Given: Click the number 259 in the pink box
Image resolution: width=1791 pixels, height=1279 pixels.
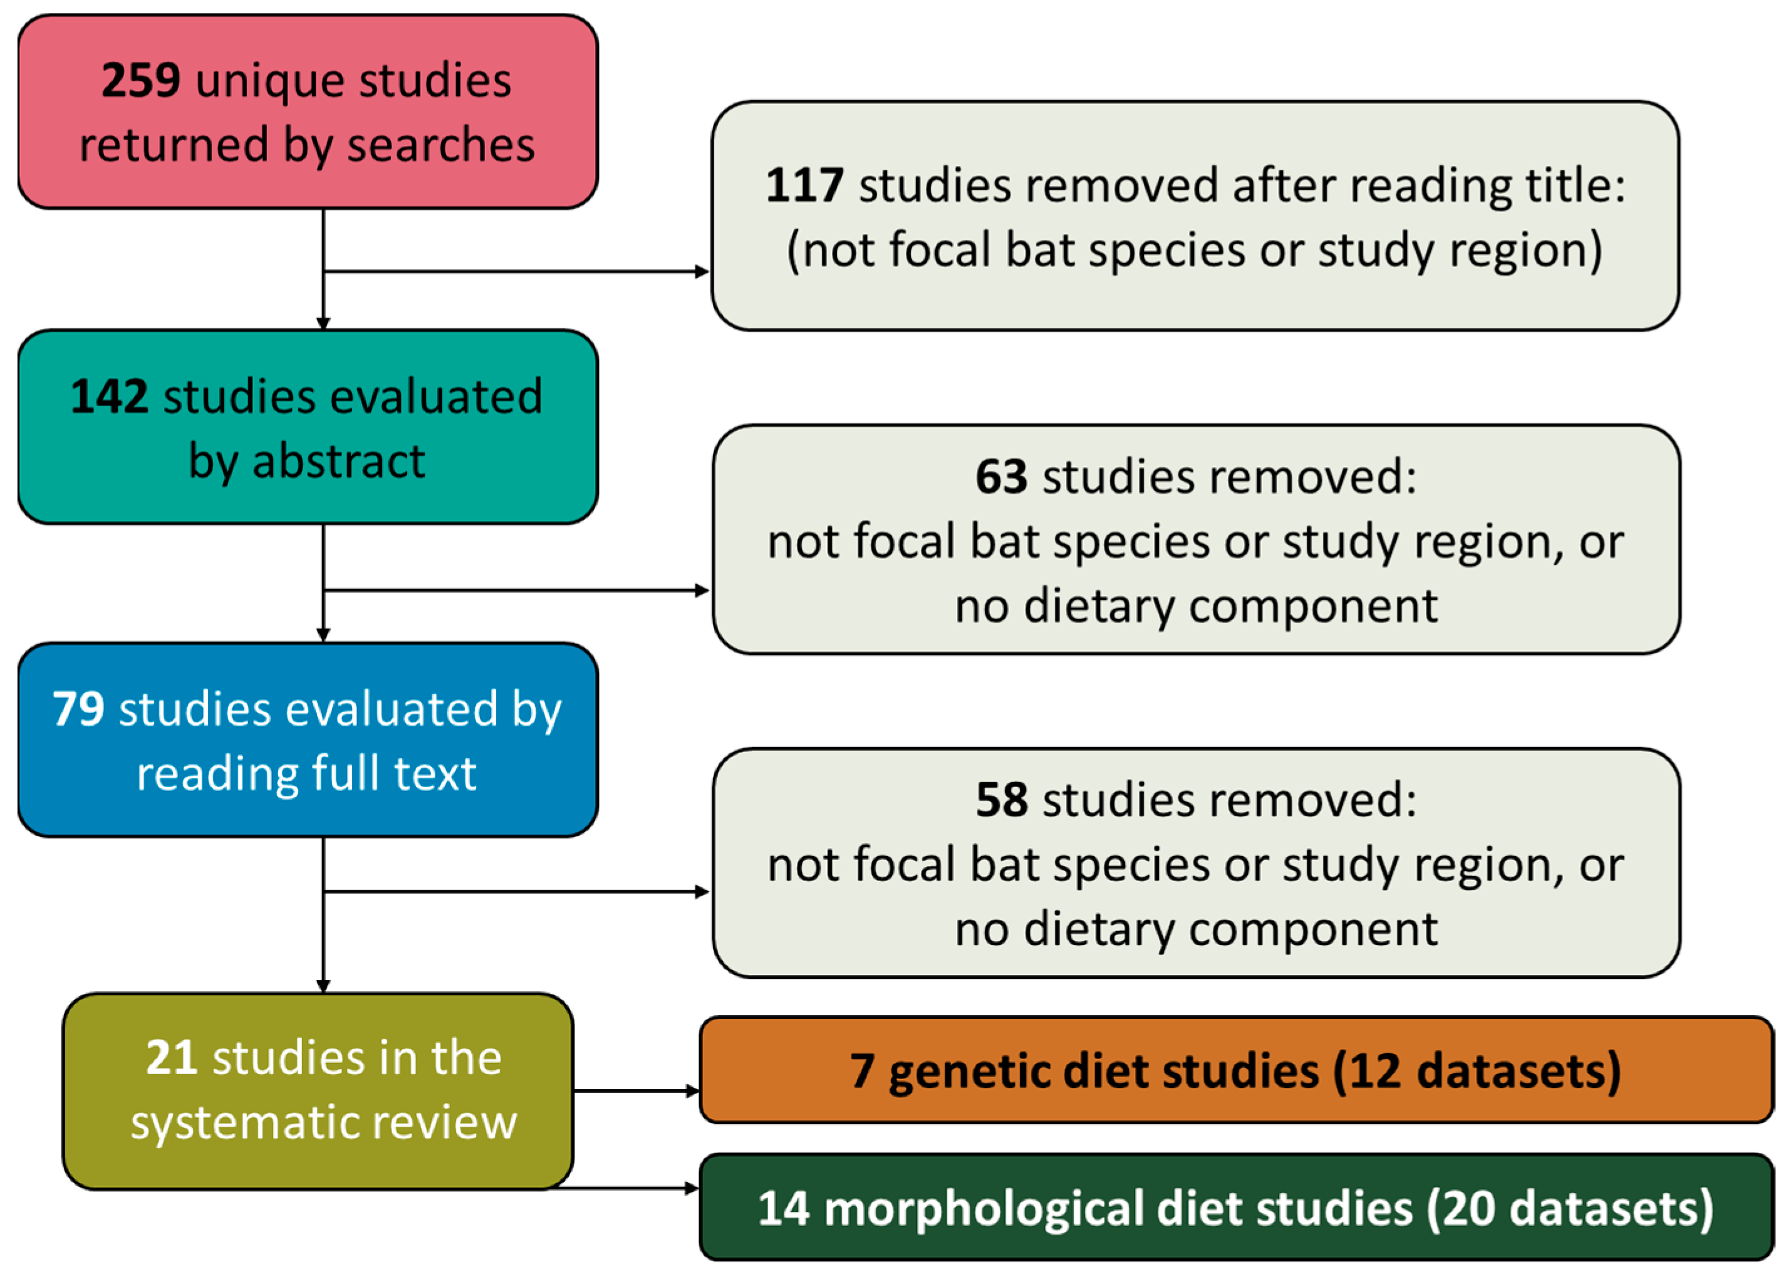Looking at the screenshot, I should pyautogui.click(x=141, y=80).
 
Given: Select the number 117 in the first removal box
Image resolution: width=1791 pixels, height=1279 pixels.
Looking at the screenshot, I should pyautogui.click(x=804, y=186).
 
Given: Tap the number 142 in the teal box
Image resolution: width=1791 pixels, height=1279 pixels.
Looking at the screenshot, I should pyautogui.click(x=108, y=396).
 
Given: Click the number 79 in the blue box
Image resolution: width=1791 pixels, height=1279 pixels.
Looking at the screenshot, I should pyautogui.click(x=78, y=709).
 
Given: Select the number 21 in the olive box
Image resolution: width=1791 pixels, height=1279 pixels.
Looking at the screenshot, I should pyautogui.click(x=171, y=1058).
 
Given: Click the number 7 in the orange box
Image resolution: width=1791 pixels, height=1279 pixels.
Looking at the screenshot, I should pyautogui.click(x=861, y=1072).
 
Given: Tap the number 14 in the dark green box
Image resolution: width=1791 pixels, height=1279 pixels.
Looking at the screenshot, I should pyautogui.click(x=783, y=1209).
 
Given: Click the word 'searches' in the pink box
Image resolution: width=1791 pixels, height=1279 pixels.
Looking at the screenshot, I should pyautogui.click(x=441, y=146).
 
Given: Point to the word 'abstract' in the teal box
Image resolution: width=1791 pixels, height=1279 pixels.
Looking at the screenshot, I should pyautogui.click(x=338, y=461).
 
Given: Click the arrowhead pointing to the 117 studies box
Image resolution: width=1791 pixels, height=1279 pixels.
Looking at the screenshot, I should pyautogui.click(x=702, y=272).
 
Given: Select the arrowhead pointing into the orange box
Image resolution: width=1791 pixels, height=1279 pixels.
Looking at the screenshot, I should pyautogui.click(x=693, y=1092).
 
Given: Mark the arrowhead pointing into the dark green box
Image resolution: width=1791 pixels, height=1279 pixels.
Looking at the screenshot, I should pyautogui.click(x=693, y=1188).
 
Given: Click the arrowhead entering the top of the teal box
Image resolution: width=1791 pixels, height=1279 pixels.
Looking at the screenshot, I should pyautogui.click(x=323, y=324).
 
